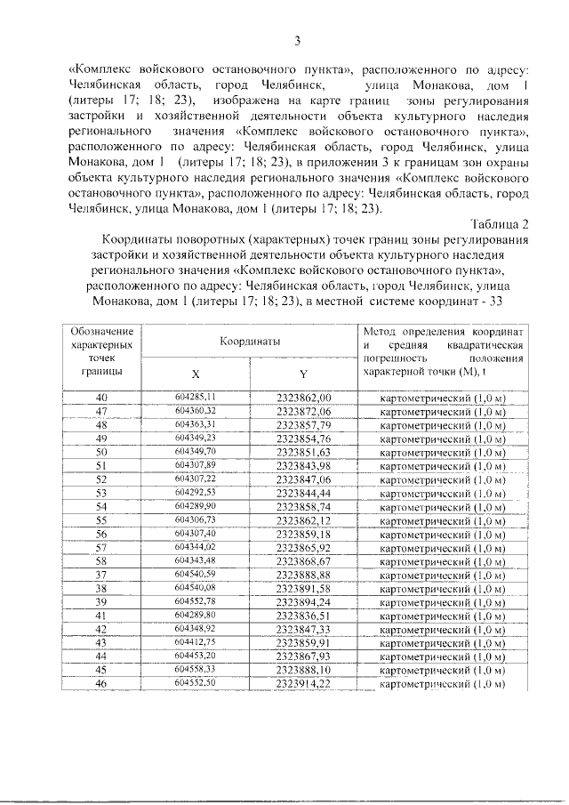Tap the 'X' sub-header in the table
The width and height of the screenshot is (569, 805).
[x=196, y=374]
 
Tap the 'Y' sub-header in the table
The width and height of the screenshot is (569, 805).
[x=303, y=374]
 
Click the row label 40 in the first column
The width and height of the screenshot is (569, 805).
[x=100, y=397]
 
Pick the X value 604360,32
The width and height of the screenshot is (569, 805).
[x=196, y=411]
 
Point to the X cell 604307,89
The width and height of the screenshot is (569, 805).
[x=196, y=465]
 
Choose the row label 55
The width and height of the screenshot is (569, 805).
[x=100, y=519]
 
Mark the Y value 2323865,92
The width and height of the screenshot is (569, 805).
[x=303, y=546]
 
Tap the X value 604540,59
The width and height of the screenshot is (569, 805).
[x=196, y=574]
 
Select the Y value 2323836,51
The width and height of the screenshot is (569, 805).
[x=303, y=615]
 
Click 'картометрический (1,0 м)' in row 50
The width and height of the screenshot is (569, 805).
[x=442, y=452]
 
